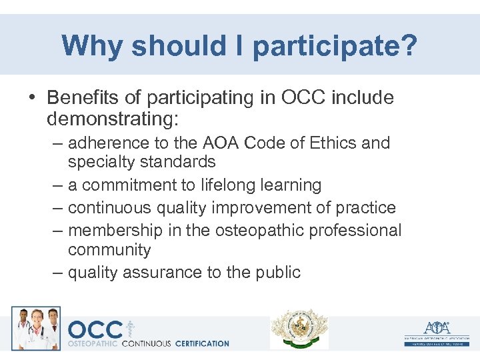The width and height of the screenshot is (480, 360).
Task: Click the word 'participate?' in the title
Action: [335, 46]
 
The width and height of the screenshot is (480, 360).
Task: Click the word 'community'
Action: [109, 250]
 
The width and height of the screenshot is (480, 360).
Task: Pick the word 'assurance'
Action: [159, 272]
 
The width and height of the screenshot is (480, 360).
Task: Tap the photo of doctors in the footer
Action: [36, 329]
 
